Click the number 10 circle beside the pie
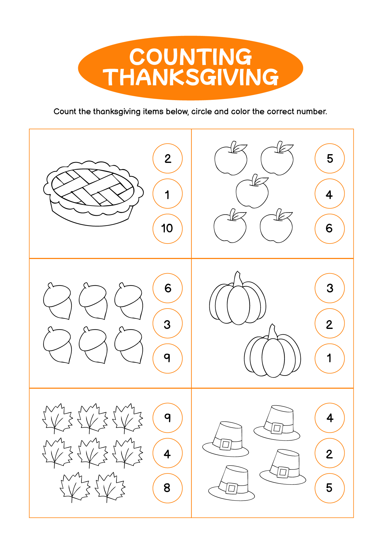coord(167,229)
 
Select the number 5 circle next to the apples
coord(330,158)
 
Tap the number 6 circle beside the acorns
coord(167,288)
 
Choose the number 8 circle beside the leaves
coord(167,488)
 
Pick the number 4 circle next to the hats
coord(330,418)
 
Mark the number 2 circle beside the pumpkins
coord(330,323)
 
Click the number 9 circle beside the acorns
coord(167,358)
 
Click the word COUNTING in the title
coord(190,57)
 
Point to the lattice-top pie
coord(93,194)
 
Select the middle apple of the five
coord(252,191)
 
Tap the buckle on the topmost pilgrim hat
coord(277,428)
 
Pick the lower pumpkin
coord(272,351)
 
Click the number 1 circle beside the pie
coord(167,193)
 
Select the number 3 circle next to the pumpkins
coord(330,288)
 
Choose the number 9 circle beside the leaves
coord(167,418)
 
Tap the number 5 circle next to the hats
coord(330,488)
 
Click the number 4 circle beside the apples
coord(330,193)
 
